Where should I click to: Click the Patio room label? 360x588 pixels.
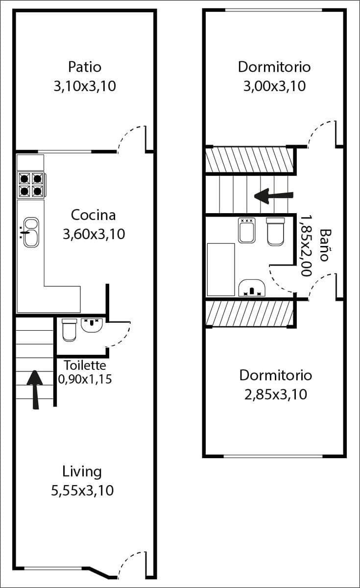(85, 66)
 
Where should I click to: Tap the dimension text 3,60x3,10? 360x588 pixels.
(94, 234)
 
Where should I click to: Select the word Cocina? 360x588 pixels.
(93, 215)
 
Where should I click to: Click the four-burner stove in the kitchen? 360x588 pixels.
(30, 184)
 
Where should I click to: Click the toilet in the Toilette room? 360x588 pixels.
(69, 330)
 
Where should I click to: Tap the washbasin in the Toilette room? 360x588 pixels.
(91, 325)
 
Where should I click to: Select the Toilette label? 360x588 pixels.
(85, 365)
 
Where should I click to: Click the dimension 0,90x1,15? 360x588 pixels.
(85, 379)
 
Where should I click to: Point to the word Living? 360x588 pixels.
(82, 471)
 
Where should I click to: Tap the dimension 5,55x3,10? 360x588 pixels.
(82, 490)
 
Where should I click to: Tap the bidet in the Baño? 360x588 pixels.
(246, 230)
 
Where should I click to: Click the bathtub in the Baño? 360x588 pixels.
(221, 269)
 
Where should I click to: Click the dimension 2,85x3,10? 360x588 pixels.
(275, 394)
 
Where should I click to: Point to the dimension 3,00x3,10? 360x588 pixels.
(274, 86)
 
